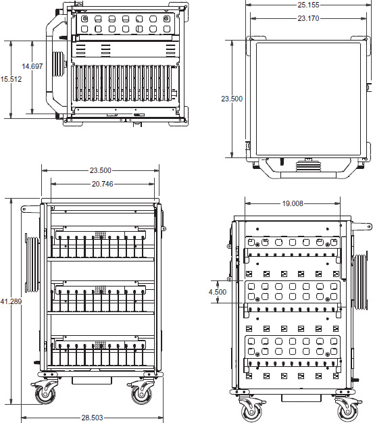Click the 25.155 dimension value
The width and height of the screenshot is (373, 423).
(308, 5)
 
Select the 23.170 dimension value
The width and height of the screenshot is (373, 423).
(308, 18)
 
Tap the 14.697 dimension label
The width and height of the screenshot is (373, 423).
(32, 66)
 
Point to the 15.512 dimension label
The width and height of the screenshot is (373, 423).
(11, 79)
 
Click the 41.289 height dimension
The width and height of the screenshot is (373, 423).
(11, 301)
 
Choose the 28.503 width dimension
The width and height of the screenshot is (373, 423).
(93, 418)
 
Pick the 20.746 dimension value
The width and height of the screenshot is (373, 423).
(103, 184)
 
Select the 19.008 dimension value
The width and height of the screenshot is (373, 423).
(293, 203)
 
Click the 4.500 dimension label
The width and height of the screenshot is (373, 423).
(218, 292)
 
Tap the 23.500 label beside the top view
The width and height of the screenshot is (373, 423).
(232, 99)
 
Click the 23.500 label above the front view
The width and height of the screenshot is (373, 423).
(100, 170)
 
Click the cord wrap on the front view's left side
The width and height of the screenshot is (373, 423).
(32, 264)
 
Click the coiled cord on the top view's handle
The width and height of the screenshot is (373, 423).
(308, 165)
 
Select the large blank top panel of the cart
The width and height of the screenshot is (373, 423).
(308, 99)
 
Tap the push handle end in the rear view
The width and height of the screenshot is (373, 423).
(362, 226)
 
